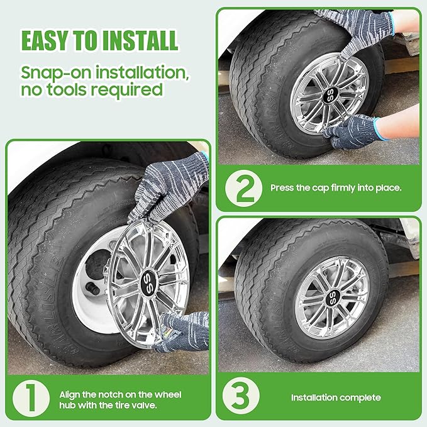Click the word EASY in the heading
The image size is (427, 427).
coord(45,40)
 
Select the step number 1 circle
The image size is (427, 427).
coord(31,398)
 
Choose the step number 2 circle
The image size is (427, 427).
coord(244,188)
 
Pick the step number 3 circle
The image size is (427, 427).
coord(241,396)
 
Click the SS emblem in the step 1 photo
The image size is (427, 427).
coord(149,282)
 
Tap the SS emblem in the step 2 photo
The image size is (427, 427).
coord(330,95)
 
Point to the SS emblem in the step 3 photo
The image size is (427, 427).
coord(333,297)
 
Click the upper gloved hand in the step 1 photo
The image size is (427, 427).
coord(169,188)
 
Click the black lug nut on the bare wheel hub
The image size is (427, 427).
coord(92,289)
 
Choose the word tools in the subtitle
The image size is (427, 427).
coord(67,90)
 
